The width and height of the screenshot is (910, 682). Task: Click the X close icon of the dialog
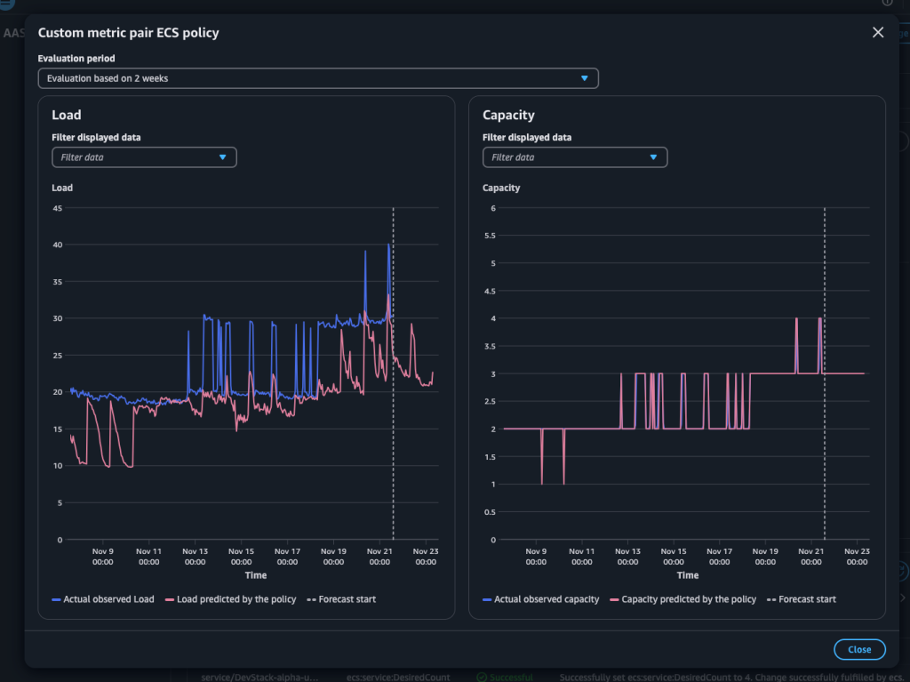tap(878, 33)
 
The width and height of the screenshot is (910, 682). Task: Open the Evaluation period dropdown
tap(318, 78)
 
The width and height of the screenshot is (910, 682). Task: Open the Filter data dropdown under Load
tap(144, 157)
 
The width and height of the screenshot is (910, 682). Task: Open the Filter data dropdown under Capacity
tap(575, 157)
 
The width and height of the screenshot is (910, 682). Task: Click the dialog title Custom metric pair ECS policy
tap(128, 33)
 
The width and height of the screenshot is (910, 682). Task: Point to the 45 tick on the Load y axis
tap(57, 208)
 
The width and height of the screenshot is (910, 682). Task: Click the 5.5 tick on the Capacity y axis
tap(489, 236)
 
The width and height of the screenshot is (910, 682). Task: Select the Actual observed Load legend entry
tap(103, 599)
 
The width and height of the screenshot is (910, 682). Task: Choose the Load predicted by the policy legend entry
tap(230, 599)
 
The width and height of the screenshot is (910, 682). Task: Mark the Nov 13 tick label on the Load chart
tap(196, 557)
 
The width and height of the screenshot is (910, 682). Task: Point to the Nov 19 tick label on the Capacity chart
tap(764, 557)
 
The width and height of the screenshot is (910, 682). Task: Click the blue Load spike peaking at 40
tap(388, 246)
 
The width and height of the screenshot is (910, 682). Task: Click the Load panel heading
tap(67, 115)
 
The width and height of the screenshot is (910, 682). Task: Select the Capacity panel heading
tap(508, 115)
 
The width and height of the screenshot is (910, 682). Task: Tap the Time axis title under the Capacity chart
tap(687, 575)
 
